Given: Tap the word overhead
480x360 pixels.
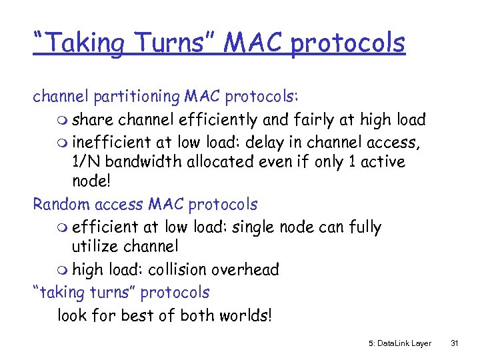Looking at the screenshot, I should [x=245, y=269].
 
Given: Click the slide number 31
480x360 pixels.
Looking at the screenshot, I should [x=455, y=343].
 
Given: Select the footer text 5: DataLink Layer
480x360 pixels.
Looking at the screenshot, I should [x=399, y=343].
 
